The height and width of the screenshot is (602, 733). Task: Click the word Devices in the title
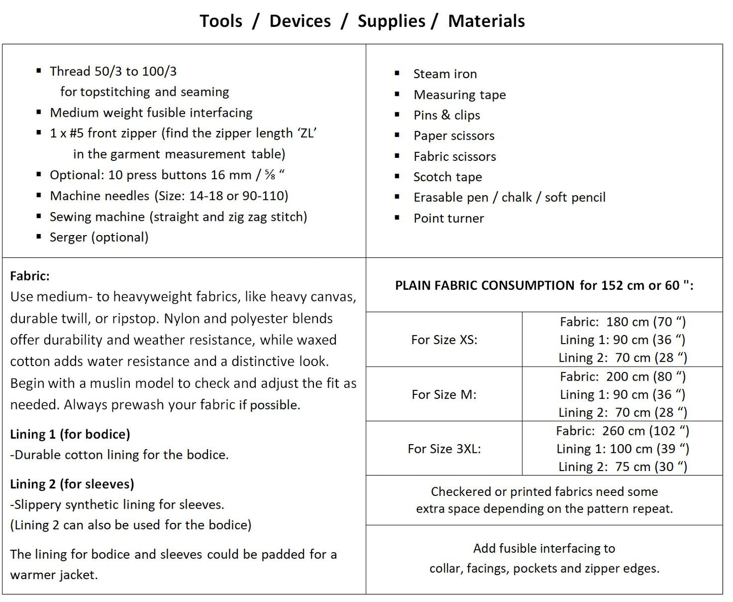pyautogui.click(x=300, y=21)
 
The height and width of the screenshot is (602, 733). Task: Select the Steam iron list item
pyautogui.click(x=445, y=74)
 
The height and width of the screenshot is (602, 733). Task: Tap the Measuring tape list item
pyautogui.click(x=460, y=95)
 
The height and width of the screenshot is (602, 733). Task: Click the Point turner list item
pyautogui.click(x=448, y=218)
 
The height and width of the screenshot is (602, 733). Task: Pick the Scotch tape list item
pyautogui.click(x=447, y=177)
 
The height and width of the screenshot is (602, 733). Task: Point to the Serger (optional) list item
pyautogui.click(x=99, y=238)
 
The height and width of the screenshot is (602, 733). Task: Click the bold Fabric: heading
pyautogui.click(x=30, y=276)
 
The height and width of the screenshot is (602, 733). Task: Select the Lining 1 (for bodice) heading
pyautogui.click(x=70, y=434)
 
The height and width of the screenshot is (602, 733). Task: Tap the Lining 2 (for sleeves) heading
pyautogui.click(x=72, y=484)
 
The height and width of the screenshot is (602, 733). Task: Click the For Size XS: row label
pyautogui.click(x=444, y=340)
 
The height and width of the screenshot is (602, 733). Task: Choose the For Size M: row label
pyautogui.click(x=444, y=395)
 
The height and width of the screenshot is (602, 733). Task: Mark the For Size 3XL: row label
pyautogui.click(x=444, y=449)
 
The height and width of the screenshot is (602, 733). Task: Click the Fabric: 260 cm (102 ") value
pyautogui.click(x=622, y=431)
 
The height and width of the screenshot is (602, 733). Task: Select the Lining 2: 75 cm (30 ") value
pyautogui.click(x=622, y=467)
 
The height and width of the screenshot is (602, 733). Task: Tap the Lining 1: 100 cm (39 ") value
pyautogui.click(x=622, y=449)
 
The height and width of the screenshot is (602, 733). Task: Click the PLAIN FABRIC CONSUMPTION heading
pyautogui.click(x=484, y=286)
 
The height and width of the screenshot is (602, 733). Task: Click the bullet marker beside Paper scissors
pyautogui.click(x=397, y=135)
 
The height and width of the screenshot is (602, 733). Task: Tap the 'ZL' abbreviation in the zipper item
pyautogui.click(x=307, y=133)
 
